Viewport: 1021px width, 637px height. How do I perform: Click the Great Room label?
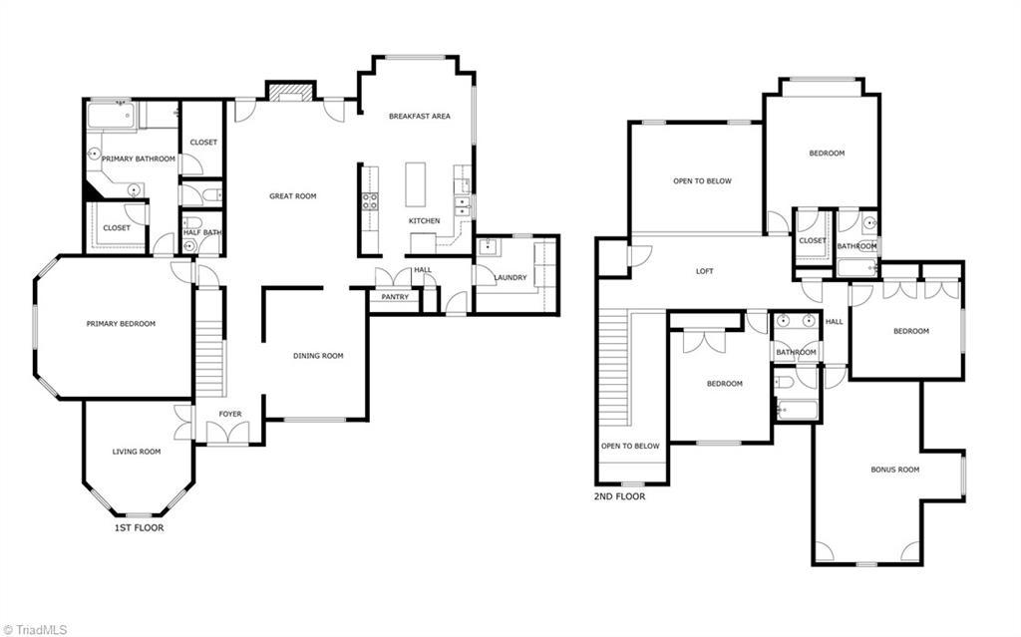coord(292,196)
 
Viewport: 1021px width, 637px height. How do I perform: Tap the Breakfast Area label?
coord(419,117)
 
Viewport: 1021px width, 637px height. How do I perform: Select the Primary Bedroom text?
coord(121,323)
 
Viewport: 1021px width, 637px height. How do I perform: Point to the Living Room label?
coord(136,452)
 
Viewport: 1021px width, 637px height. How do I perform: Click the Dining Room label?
coord(318,356)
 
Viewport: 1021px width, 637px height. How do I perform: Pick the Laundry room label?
coord(510,278)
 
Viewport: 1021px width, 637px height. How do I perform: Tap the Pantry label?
coord(395,297)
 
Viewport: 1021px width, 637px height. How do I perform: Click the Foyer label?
coord(230,414)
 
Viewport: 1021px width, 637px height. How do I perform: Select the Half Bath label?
coord(202,233)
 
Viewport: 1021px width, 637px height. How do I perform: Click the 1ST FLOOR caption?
coord(139,527)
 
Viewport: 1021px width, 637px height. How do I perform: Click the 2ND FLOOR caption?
coord(619,495)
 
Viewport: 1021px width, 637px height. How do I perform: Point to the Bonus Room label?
coord(894,470)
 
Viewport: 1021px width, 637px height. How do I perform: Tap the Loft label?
coord(705,271)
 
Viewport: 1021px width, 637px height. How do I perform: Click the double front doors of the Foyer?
coord(227,432)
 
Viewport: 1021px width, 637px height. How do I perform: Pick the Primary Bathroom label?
coord(138,159)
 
